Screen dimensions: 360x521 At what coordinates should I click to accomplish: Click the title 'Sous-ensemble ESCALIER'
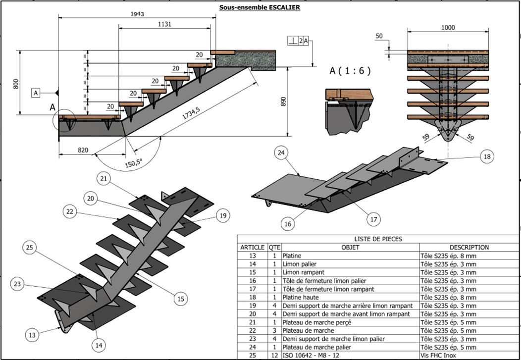coord(260,7)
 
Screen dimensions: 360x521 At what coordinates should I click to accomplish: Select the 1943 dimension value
coord(138,14)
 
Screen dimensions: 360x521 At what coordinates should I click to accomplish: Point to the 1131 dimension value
coord(165,24)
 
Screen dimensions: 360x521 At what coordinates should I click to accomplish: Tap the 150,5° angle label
coord(133,161)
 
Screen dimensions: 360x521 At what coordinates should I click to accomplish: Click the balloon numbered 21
coord(103,178)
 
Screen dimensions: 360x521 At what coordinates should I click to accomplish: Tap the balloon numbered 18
coord(487,156)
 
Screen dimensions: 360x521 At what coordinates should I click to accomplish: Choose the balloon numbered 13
coord(32,335)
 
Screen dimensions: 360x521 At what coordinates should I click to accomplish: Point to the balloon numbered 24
coord(281,154)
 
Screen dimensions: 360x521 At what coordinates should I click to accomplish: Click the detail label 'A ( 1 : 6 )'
coord(350,71)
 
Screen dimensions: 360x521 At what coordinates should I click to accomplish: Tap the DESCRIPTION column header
coord(469,247)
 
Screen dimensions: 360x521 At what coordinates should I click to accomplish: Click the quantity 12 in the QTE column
coord(274,356)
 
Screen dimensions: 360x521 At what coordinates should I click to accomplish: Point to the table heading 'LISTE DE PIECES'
coord(378,239)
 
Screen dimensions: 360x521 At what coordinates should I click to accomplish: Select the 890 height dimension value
coord(283,102)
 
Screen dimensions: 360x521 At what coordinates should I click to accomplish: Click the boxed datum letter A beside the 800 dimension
coord(36,93)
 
